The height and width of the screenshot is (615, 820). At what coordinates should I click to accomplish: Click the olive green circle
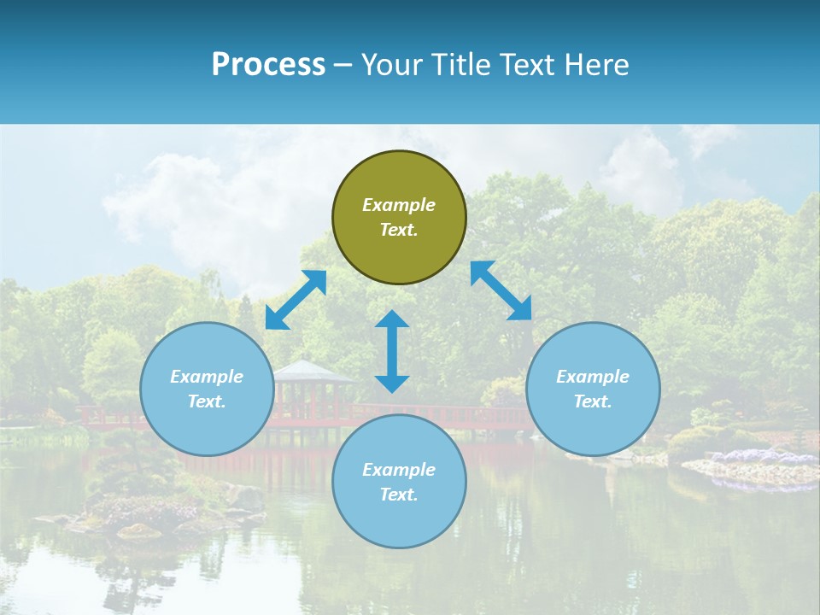point(399,218)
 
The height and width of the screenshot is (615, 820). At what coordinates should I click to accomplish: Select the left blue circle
point(207,389)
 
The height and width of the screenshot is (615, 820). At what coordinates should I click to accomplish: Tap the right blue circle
point(593,389)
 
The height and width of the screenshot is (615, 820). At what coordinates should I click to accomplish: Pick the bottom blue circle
point(399,482)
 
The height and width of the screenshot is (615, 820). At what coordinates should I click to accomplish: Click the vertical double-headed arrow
point(392,351)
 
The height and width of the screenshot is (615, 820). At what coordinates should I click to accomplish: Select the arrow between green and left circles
point(296,300)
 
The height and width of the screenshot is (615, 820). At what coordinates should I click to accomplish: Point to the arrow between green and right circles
point(501,290)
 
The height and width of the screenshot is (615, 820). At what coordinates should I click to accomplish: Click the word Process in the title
point(268,64)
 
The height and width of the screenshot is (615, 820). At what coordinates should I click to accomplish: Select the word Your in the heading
point(391,64)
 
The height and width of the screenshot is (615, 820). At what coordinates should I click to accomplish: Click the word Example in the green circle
point(399,205)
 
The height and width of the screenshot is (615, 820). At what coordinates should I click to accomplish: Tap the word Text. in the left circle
point(207,401)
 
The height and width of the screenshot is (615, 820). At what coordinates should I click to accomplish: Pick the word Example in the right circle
point(593,377)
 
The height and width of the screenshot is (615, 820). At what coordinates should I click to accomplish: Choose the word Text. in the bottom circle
point(399,495)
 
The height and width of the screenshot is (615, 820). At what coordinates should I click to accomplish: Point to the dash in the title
point(343,65)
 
